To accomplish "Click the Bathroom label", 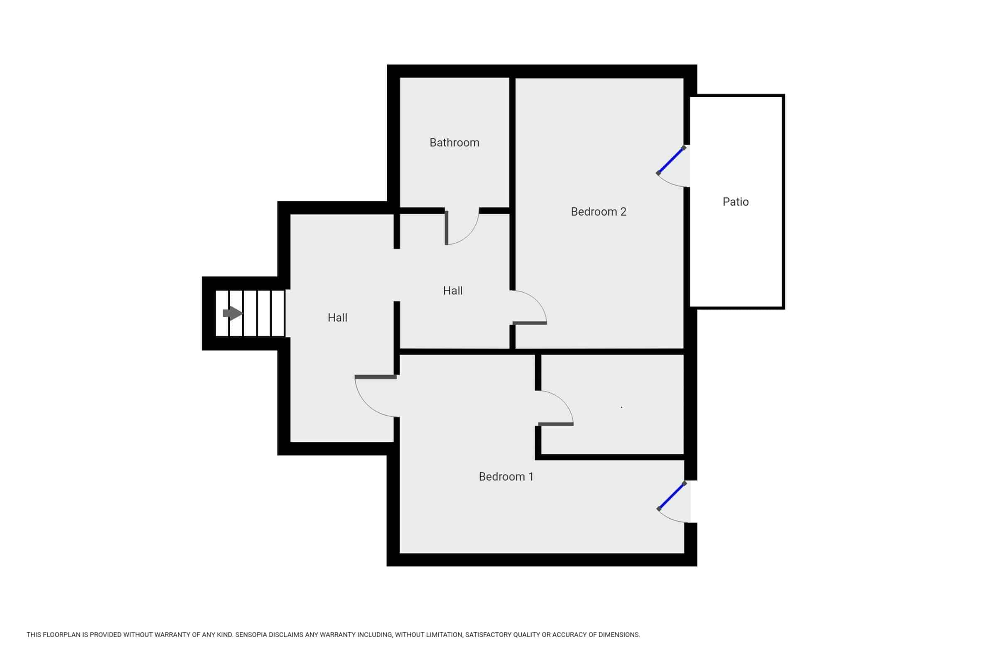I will coord(454,143).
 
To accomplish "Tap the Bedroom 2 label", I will coord(598,212).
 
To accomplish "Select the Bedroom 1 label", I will coord(506,477).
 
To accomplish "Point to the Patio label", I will coord(735,202).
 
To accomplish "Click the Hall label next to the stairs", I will coord(337,318).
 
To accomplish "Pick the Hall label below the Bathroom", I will coord(452,291).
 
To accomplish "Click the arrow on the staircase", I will coord(232,313).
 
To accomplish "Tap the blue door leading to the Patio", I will coord(670,160).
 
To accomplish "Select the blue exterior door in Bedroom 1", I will coord(671,496).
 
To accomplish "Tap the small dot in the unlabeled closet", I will coord(621,407).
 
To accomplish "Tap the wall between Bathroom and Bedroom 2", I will coord(512,144).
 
